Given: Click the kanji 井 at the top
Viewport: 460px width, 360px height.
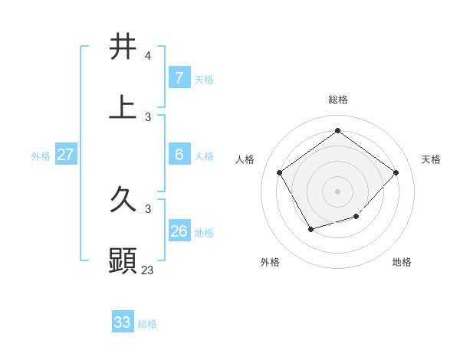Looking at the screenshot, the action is tap(123, 47).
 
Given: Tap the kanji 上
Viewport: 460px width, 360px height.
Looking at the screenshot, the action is tap(123, 108).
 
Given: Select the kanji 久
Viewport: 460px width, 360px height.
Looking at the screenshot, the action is tap(123, 201).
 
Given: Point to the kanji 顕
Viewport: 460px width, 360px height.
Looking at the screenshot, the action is tap(123, 261).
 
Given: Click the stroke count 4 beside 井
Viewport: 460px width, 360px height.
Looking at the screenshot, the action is tap(148, 56).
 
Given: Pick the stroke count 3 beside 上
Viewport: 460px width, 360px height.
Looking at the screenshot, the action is tap(148, 116).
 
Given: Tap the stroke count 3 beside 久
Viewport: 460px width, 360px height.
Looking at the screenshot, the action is tap(148, 208).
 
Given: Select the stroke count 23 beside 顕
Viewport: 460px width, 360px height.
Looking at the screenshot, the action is tap(148, 270).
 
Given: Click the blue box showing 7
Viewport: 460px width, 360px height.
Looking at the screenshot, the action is tap(179, 78).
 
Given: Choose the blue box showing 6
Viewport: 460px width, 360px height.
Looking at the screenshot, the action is tap(179, 155).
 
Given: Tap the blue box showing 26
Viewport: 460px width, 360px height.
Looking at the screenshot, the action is tap(179, 231).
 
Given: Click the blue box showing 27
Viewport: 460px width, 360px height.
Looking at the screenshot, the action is tap(65, 155).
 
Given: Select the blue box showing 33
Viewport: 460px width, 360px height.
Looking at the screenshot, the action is tap(123, 322).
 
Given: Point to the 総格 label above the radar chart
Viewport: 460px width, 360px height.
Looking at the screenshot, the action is tap(337, 100).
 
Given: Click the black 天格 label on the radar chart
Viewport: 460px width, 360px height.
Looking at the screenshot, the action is tap(431, 159).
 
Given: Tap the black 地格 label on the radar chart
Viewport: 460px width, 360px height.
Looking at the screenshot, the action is tap(402, 262).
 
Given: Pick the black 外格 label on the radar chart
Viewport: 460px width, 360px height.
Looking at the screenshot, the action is tap(270, 262).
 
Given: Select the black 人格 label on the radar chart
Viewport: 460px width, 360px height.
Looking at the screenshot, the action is tap(245, 159).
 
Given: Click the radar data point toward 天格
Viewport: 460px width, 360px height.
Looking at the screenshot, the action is tap(396, 172).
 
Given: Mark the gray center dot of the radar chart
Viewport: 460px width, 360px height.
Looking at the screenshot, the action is tap(337, 191).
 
